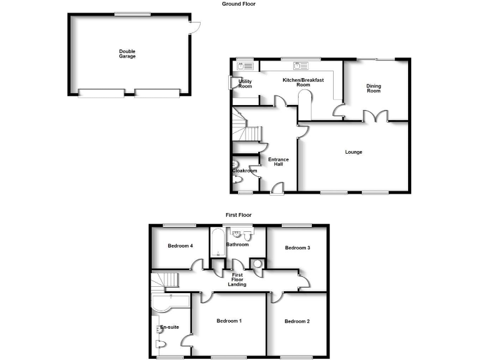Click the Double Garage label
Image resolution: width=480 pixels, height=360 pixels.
(x=127, y=54)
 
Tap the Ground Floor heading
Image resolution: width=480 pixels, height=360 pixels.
(x=239, y=4)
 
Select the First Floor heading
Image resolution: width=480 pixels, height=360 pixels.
(x=239, y=215)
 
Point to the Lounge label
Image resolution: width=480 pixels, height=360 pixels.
(x=354, y=152)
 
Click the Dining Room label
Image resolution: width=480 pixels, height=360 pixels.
(x=373, y=89)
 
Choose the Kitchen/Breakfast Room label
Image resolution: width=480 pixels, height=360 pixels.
(x=303, y=82)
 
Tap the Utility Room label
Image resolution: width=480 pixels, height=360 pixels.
(x=245, y=83)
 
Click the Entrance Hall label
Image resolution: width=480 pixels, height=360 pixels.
(x=279, y=162)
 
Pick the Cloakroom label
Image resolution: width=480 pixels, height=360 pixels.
(x=244, y=171)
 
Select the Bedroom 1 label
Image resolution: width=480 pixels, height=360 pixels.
(x=229, y=321)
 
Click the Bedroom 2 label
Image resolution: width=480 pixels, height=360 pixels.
(x=297, y=321)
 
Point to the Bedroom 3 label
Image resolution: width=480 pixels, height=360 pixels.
(x=297, y=248)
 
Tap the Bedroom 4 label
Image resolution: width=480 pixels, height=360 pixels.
(x=180, y=246)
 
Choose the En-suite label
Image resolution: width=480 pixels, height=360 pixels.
(x=169, y=327)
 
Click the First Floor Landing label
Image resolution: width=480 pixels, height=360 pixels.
(x=237, y=280)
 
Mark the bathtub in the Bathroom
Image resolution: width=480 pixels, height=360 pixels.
(x=217, y=243)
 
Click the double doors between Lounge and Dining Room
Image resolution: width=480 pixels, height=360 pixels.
(x=376, y=116)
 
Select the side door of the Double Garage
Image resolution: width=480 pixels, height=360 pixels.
(x=194, y=27)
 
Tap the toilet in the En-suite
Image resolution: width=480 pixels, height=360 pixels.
(x=161, y=345)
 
